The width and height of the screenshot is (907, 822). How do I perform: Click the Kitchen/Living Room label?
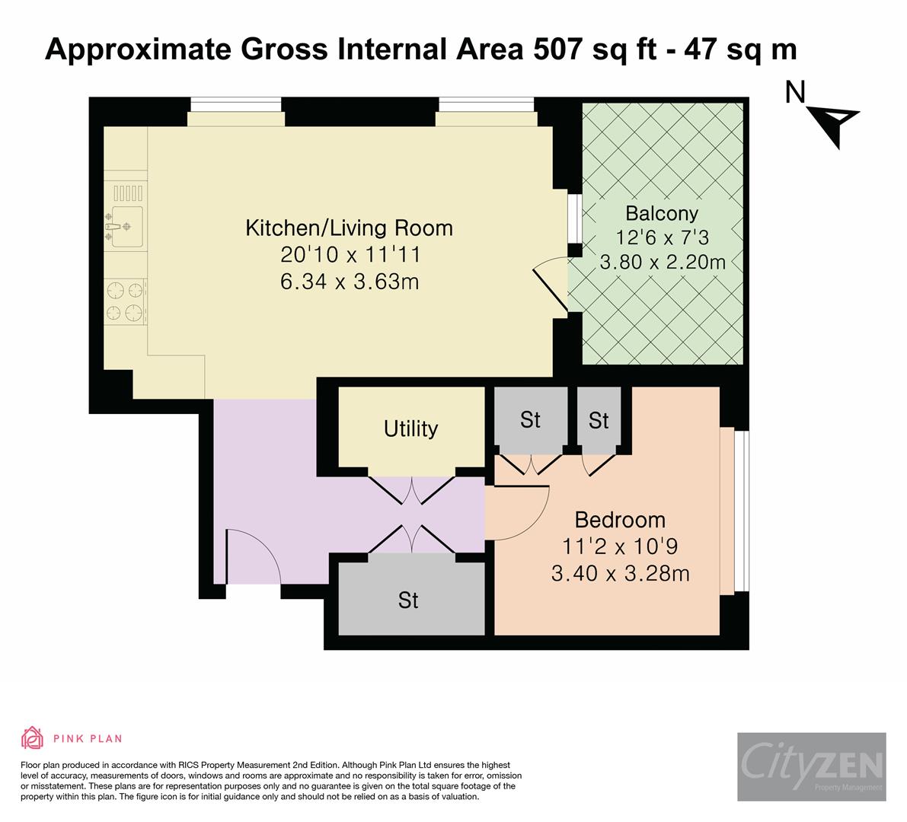(x=349, y=228)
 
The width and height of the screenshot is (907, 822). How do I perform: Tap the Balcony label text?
(x=661, y=212)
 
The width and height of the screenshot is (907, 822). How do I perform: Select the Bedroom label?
(x=619, y=520)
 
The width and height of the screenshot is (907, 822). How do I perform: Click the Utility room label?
(x=410, y=429)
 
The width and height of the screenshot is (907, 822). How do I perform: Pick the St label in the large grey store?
(x=408, y=601)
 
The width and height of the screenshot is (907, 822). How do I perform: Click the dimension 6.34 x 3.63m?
(x=350, y=282)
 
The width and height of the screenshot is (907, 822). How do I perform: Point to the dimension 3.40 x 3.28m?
(x=620, y=572)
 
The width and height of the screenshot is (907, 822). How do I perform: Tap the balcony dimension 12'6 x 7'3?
(x=661, y=237)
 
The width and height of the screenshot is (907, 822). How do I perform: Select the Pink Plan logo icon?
(x=33, y=738)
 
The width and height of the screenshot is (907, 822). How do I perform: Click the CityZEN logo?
(x=811, y=765)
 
